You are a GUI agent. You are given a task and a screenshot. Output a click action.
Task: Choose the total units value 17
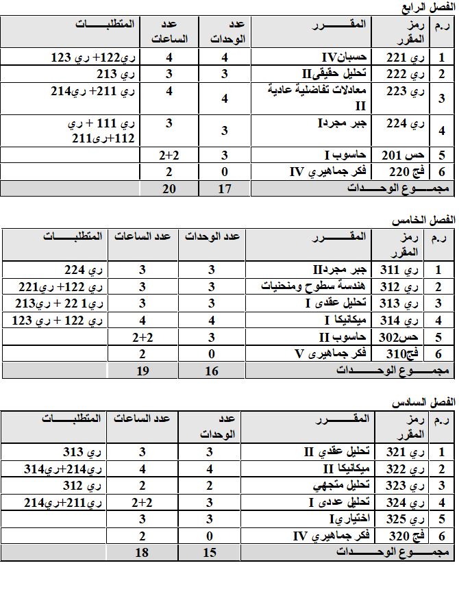[224, 188]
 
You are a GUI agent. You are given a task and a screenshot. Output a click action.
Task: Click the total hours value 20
[169, 188]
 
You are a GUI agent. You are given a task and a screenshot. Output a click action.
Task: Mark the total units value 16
[211, 371]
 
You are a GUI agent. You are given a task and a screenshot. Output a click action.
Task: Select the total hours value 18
[142, 552]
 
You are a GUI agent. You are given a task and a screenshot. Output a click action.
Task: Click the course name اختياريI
[353, 519]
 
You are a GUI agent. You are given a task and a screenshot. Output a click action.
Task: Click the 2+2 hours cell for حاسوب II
[142, 337]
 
